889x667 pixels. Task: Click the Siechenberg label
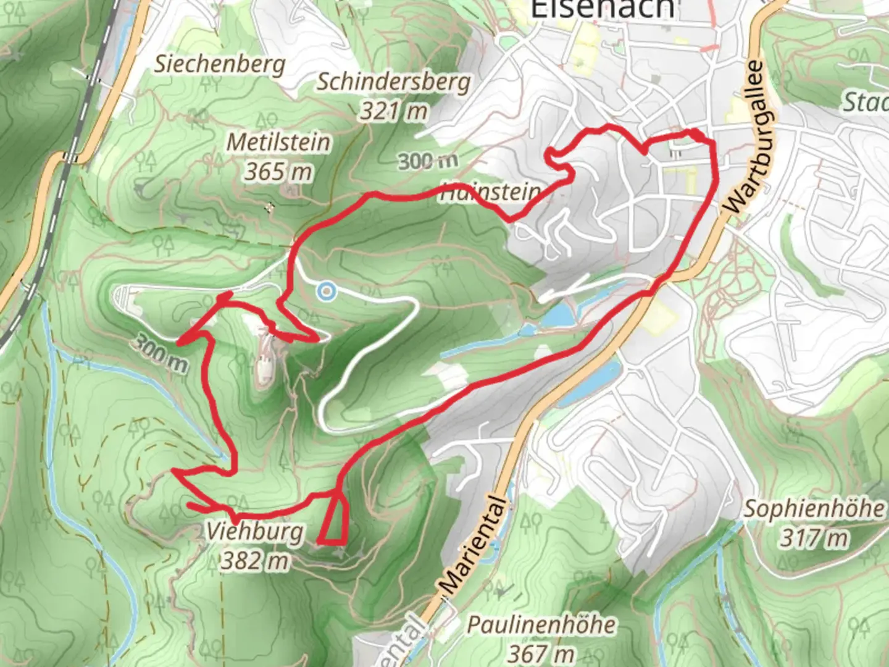click(220, 64)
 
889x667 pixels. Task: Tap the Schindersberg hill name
click(394, 82)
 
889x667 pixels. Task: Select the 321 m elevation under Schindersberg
click(394, 111)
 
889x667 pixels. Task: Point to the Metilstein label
click(278, 142)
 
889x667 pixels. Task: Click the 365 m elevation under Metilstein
click(278, 171)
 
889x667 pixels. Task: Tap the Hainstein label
click(491, 193)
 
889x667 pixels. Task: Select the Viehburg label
click(255, 531)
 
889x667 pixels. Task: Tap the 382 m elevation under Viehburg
click(255, 561)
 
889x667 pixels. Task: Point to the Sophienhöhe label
click(814, 509)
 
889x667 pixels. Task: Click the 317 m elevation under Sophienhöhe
click(814, 538)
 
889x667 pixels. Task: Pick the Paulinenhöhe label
click(541, 624)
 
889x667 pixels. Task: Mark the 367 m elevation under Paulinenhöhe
click(541, 652)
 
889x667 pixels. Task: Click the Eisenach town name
click(603, 9)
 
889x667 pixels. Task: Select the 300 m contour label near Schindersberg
click(428, 162)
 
